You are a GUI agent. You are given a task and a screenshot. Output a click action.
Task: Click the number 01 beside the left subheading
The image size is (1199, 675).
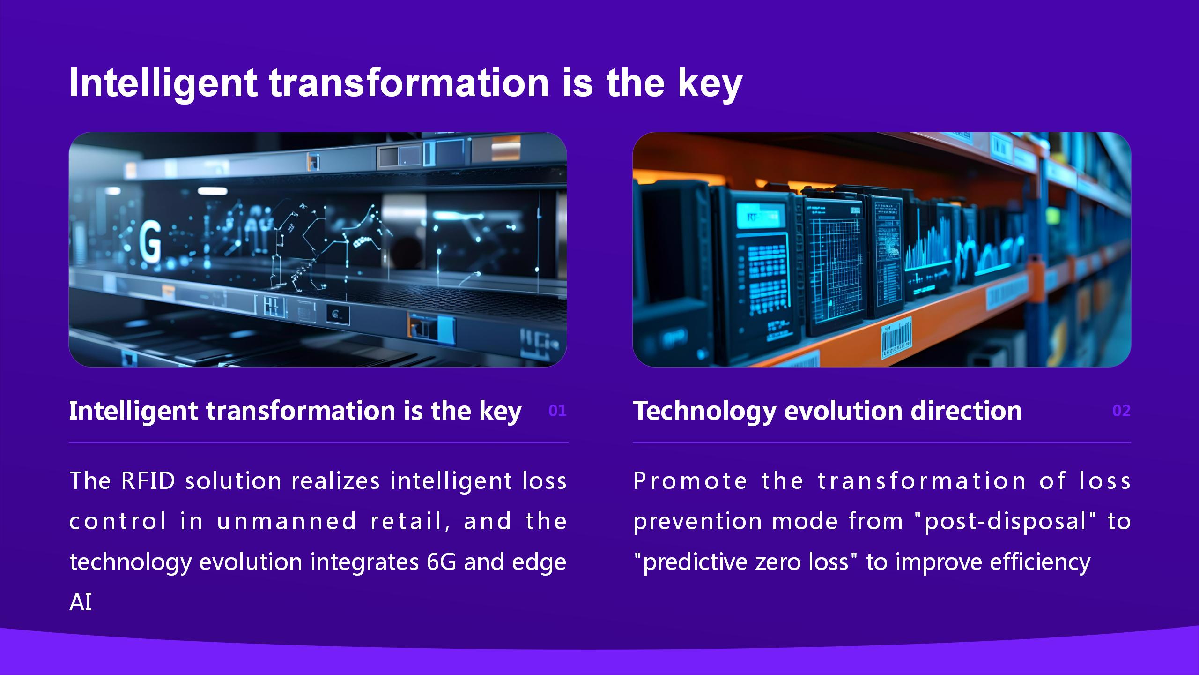(557, 411)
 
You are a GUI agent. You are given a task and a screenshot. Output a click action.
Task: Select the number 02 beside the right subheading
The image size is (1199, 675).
(1121, 411)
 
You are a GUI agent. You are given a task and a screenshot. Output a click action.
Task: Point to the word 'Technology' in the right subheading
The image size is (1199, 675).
(704, 411)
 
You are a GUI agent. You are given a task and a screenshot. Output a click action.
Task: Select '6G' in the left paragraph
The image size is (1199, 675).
(441, 562)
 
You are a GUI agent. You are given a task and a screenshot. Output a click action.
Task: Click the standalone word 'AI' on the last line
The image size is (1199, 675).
(81, 602)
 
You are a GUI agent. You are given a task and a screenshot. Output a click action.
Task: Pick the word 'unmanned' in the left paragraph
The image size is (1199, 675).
(287, 522)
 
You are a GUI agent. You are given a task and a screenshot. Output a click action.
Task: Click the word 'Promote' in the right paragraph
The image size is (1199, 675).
(690, 481)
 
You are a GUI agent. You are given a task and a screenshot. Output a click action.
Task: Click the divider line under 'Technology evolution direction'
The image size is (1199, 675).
(882, 442)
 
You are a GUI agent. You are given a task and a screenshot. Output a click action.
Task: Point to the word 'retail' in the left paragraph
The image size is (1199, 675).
(406, 522)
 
